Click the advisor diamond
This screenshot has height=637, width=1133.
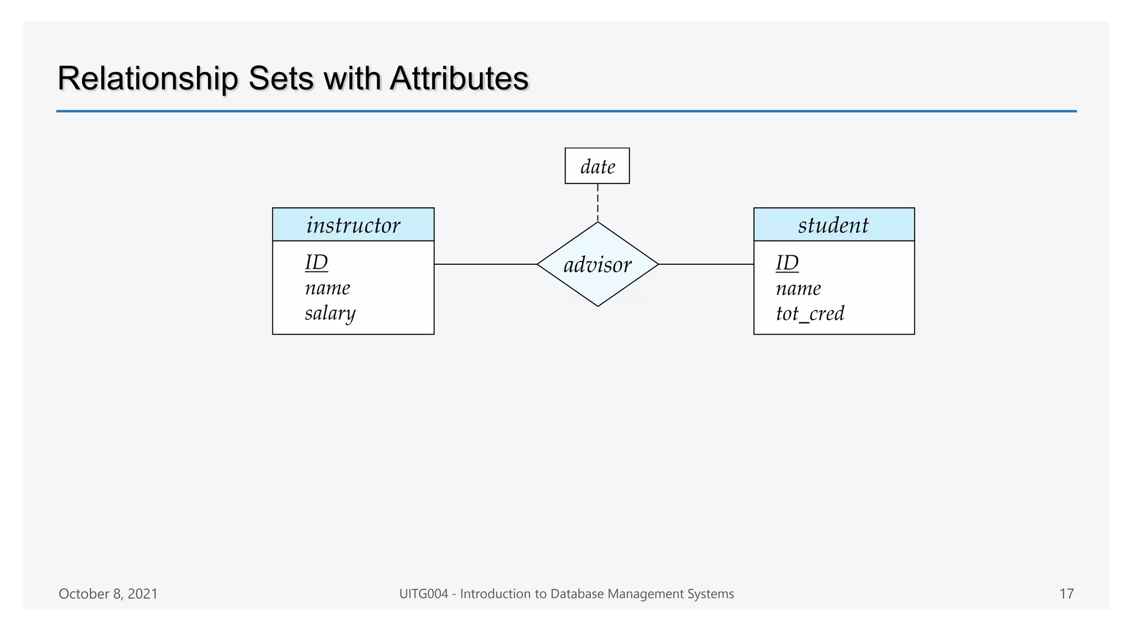(597, 264)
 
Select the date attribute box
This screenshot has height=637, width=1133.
(597, 166)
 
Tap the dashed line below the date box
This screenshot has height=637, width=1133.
(597, 203)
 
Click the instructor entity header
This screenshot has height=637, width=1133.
(353, 225)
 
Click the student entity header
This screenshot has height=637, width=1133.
(834, 225)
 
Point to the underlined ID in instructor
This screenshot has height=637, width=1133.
(316, 262)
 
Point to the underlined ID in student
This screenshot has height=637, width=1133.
(787, 263)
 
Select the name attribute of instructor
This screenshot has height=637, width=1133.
(328, 288)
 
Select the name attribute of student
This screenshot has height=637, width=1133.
(798, 289)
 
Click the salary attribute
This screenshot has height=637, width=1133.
(330, 314)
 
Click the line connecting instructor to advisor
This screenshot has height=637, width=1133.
(485, 264)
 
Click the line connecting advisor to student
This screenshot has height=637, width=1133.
(706, 264)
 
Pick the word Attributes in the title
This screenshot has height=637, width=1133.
(459, 79)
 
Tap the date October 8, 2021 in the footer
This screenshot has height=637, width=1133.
(108, 594)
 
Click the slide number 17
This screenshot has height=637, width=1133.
(1066, 594)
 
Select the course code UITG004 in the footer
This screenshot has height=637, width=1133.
(423, 594)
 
